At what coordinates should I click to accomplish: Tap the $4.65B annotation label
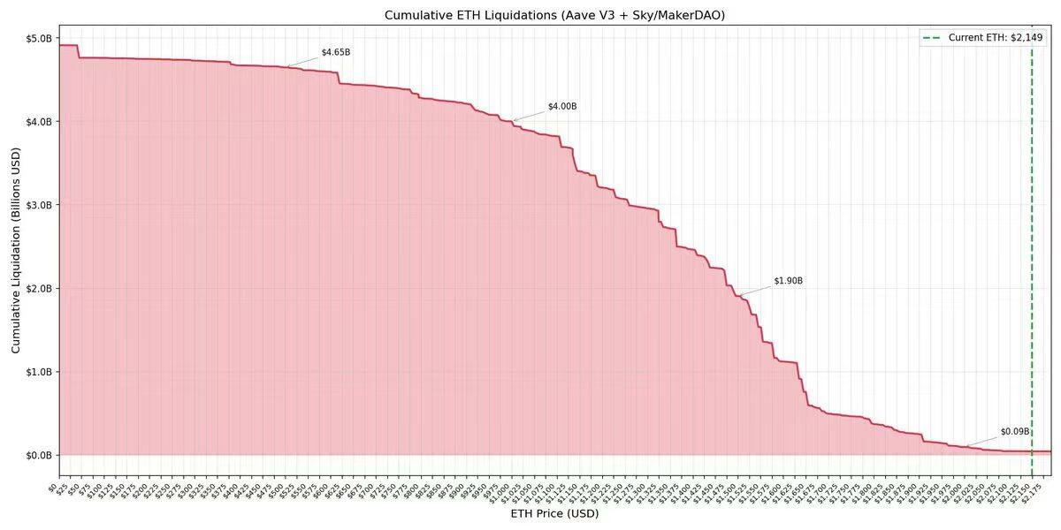click(x=335, y=52)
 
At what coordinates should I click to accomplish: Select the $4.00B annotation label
click(x=562, y=106)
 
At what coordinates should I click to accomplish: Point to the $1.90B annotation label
click(x=788, y=281)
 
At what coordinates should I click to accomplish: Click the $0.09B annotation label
click(x=1014, y=432)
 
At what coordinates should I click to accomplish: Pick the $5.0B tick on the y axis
click(x=39, y=39)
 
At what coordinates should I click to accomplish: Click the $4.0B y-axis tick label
click(x=39, y=122)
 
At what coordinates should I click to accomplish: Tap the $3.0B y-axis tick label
click(x=39, y=205)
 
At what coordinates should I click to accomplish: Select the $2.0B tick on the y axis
click(x=39, y=289)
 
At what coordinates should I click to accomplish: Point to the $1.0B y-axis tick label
click(x=39, y=372)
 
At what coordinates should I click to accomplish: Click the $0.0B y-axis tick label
click(x=39, y=456)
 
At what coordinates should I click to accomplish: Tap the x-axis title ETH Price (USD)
click(x=554, y=514)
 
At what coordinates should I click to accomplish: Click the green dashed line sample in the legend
click(x=932, y=38)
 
